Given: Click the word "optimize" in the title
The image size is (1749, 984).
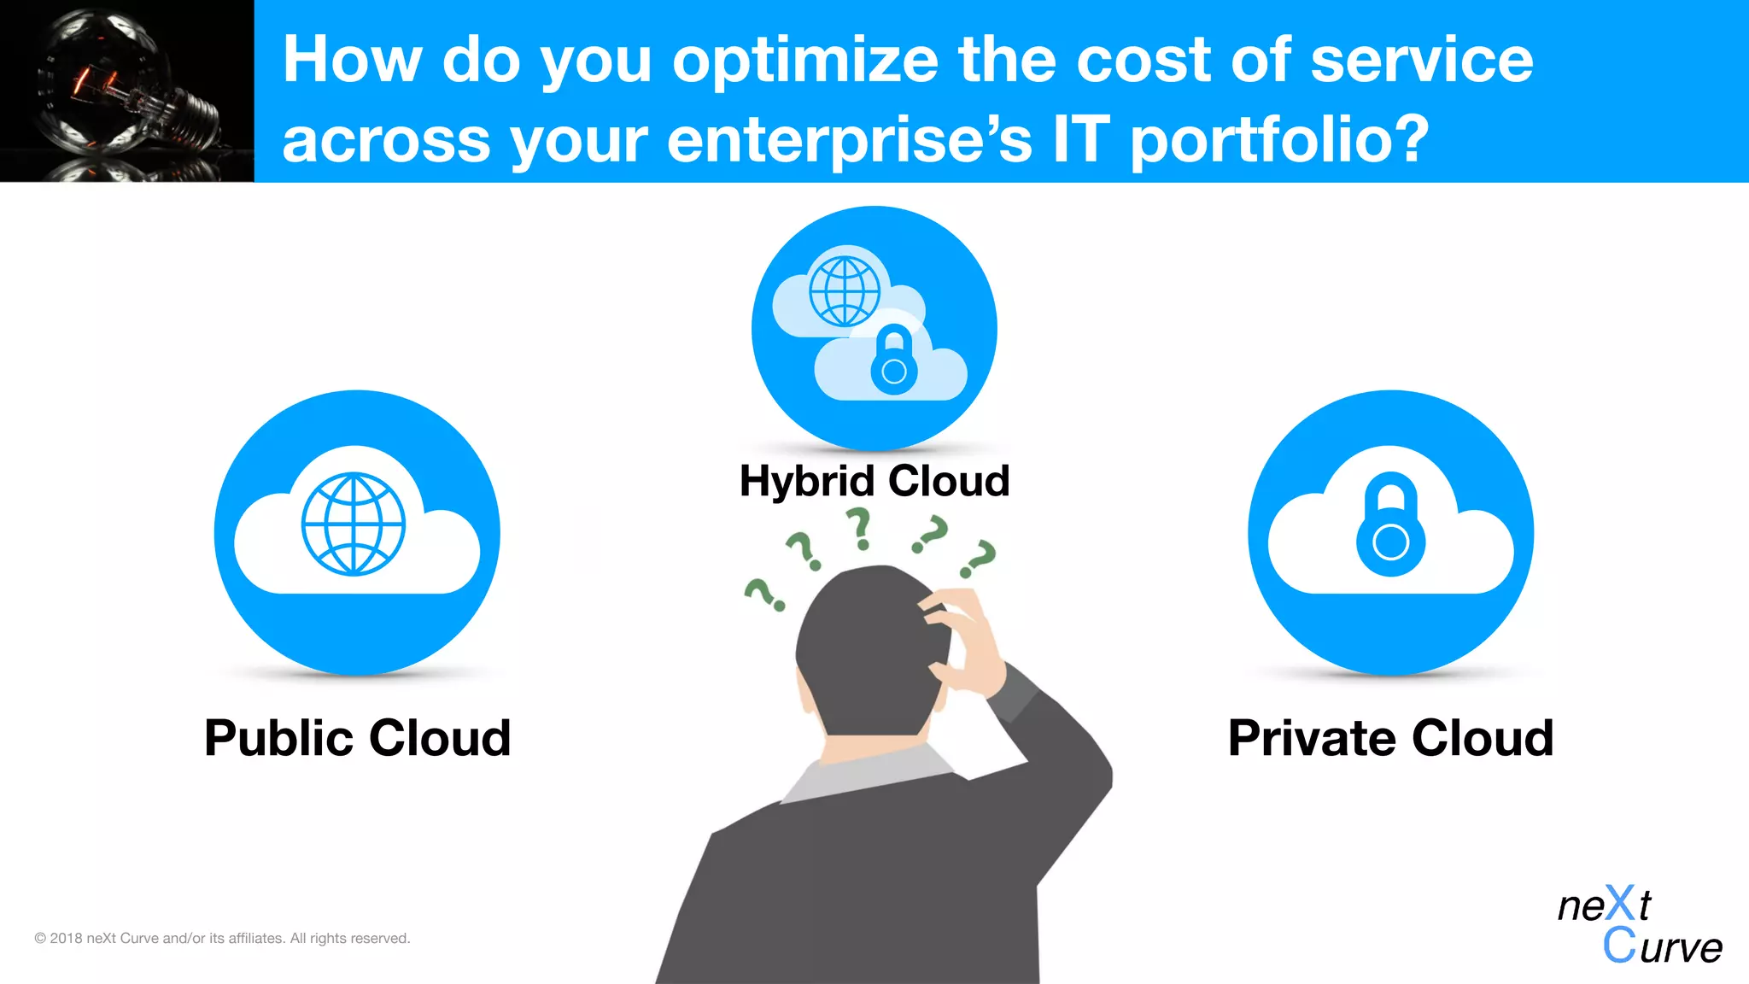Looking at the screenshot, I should click(x=804, y=61).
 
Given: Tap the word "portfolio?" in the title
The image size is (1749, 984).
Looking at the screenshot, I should click(x=1279, y=140).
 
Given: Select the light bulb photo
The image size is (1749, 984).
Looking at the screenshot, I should click(x=126, y=91).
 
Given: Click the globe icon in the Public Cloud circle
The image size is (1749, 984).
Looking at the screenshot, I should click(x=354, y=524).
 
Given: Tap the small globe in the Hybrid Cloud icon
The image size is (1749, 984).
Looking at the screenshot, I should click(x=845, y=291).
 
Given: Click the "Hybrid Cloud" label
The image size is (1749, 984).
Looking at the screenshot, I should click(x=874, y=481).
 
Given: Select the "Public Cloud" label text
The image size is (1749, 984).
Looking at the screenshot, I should click(x=357, y=738).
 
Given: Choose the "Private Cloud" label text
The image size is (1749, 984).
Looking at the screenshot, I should click(x=1390, y=738).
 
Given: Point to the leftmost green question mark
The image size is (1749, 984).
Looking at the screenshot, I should click(x=763, y=594).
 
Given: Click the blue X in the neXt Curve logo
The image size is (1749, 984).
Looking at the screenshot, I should click(x=1619, y=904).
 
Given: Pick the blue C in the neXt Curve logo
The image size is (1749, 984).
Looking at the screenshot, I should click(x=1619, y=946).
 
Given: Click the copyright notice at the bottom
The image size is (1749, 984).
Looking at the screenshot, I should click(x=222, y=938).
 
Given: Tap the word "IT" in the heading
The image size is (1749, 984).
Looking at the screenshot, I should click(x=1080, y=140).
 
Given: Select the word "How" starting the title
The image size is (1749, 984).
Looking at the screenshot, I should click(x=352, y=61).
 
